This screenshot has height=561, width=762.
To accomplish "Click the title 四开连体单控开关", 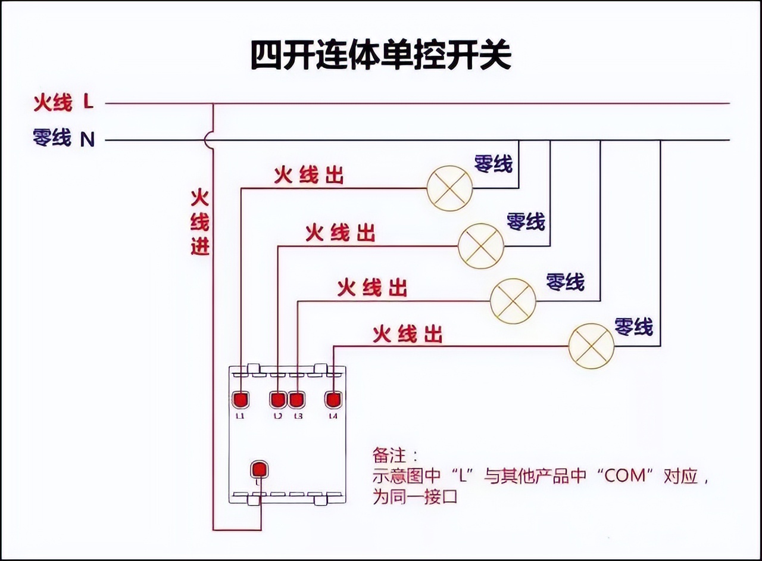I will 380,55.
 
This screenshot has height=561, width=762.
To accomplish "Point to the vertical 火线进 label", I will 200,222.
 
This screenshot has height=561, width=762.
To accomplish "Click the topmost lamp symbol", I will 449,188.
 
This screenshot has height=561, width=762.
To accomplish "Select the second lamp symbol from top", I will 480,245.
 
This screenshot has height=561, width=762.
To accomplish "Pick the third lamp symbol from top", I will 513,301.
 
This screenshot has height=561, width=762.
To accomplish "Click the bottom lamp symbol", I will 591,346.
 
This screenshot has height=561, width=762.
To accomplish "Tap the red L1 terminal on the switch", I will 241,399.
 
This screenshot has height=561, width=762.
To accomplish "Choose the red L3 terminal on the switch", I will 297,399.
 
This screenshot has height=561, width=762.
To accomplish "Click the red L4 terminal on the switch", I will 333,399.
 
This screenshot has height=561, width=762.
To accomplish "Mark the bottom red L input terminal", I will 259,469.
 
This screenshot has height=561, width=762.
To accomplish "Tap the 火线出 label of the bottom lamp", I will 408,335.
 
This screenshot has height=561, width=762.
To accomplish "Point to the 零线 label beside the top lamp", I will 493,164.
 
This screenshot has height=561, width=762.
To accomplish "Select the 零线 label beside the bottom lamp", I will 633,326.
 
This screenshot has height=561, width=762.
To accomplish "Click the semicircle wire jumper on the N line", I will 208,140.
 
